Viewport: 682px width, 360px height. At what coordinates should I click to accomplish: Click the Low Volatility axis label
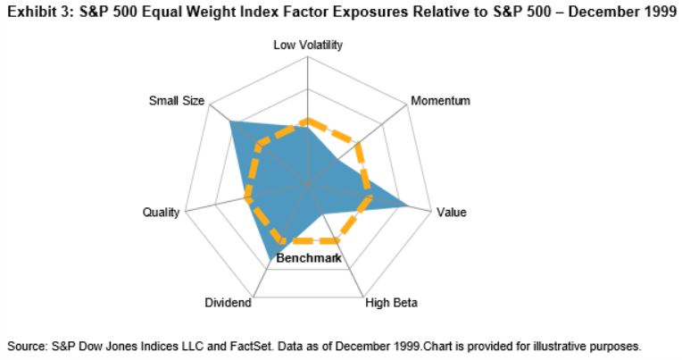[x=307, y=46]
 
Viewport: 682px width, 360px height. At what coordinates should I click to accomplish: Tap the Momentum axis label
[x=440, y=100]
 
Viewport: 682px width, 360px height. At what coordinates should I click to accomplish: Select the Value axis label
[x=451, y=213]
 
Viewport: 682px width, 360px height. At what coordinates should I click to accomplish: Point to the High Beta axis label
[x=391, y=303]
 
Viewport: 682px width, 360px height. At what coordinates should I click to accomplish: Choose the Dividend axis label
[x=228, y=303]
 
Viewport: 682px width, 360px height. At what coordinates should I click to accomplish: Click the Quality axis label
[x=161, y=213]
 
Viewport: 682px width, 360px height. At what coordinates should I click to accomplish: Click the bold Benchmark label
[x=310, y=258]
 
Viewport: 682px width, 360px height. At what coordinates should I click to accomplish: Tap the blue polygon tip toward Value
[x=409, y=205]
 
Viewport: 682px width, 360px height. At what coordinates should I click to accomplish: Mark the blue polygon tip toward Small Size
[x=231, y=121]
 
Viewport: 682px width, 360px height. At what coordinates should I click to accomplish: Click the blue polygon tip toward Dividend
[x=270, y=259]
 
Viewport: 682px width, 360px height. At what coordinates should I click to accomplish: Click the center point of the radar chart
[x=307, y=182]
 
